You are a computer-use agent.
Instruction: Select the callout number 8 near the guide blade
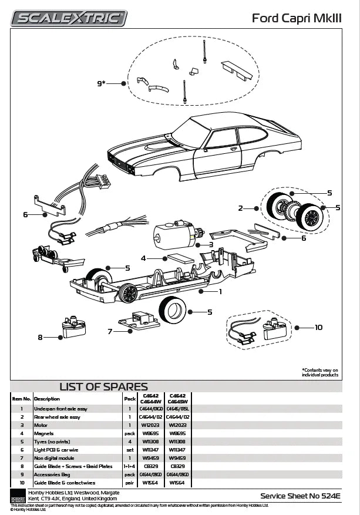click(40, 337)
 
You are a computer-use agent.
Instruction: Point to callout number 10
click(318, 327)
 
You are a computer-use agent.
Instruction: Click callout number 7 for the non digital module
click(110, 332)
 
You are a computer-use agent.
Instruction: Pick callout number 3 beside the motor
click(211, 244)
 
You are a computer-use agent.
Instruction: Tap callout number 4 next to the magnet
click(143, 258)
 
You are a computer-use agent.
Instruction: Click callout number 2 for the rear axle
click(240, 208)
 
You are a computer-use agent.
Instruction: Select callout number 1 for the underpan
click(220, 291)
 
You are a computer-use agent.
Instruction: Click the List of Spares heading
click(103, 386)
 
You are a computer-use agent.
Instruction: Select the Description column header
click(46, 398)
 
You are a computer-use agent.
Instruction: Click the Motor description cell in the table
click(41, 425)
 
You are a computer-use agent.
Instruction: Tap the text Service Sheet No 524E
click(301, 496)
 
